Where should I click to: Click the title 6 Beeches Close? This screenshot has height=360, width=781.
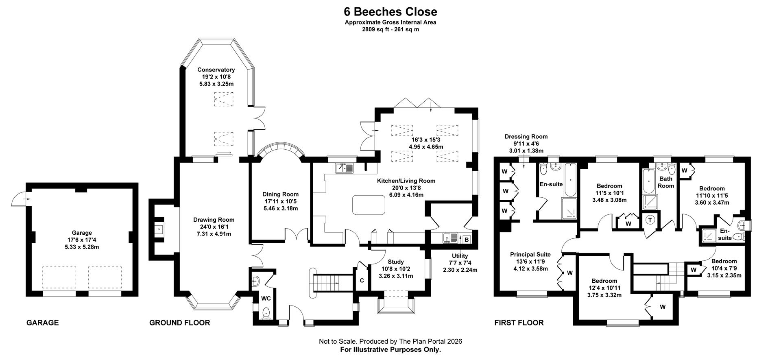pos(390,11)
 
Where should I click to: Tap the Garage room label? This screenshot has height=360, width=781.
pos(82,233)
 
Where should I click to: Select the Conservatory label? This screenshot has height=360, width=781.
pos(216,70)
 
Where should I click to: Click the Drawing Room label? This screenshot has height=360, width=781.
pos(214,220)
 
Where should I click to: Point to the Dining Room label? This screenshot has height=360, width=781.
pos(280,194)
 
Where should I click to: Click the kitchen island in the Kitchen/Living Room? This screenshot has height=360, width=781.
pos(369,205)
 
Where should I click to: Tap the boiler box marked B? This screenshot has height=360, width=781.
pos(466,240)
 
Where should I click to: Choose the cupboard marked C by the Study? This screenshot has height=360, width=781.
pos(362,280)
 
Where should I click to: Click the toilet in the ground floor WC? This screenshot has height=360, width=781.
pos(266,314)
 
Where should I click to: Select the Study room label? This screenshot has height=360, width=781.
pos(395,262)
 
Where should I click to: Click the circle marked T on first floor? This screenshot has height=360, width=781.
pos(650,220)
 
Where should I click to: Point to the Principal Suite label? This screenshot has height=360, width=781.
pos(530,255)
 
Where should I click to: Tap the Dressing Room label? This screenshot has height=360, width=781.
pos(526,137)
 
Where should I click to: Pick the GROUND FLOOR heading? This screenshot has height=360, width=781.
pos(179,323)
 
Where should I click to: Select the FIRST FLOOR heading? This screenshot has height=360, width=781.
pos(519,323)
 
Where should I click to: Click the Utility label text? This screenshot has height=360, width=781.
pos(460,256)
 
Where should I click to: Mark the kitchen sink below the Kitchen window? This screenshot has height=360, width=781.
pos(345,168)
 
